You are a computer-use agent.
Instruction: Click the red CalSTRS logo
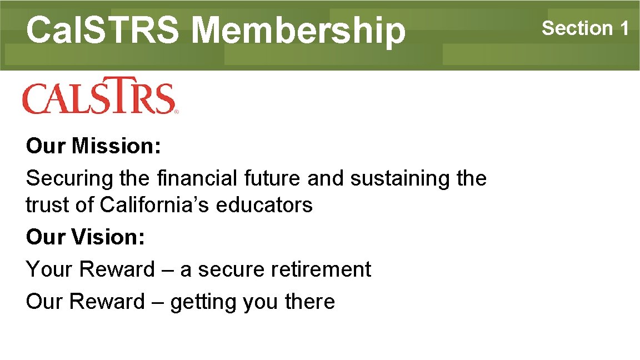pos(99,98)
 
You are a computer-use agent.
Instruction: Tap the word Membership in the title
pos(299,30)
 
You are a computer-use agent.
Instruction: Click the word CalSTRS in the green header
pos(103,30)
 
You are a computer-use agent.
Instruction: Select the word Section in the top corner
pos(577,28)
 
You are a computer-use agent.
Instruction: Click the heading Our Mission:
pos(93,147)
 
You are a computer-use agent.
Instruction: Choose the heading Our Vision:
pos(86,238)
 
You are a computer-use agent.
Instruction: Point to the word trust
pos(46,206)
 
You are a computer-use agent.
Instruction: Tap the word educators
pos(264,206)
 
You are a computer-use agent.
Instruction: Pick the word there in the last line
pos(309,302)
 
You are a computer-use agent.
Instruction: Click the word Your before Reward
pos(49,270)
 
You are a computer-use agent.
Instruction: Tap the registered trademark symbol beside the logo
pos(176,112)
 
